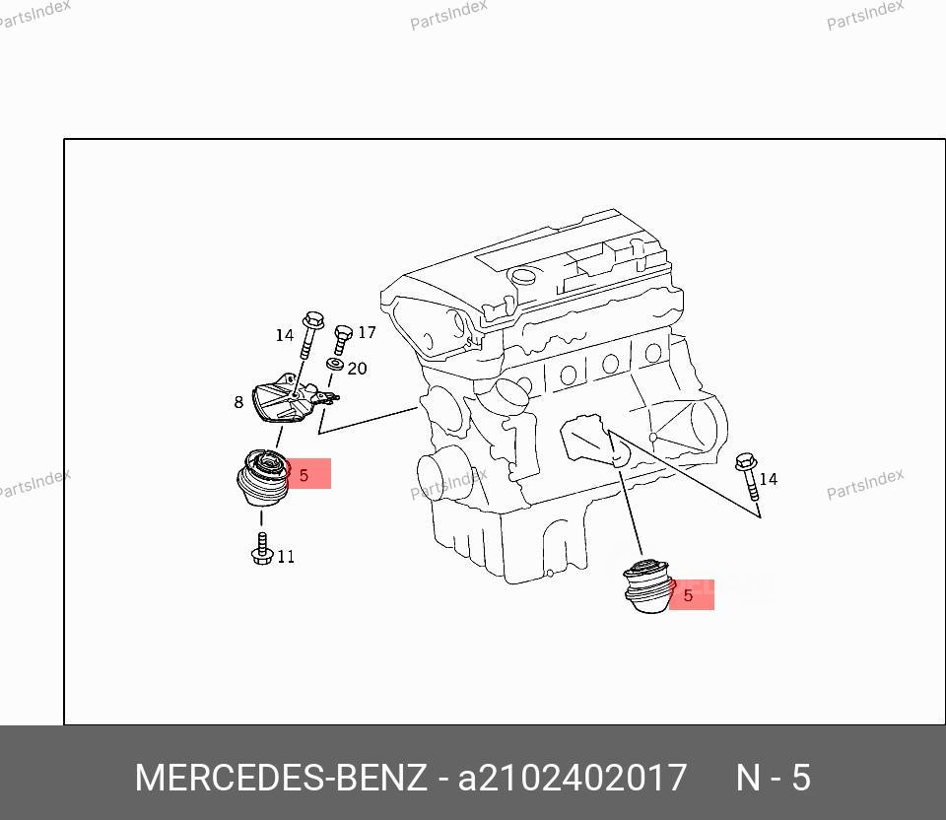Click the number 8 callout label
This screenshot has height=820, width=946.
238,402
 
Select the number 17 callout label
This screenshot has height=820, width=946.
367,333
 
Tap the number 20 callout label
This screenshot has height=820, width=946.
357,369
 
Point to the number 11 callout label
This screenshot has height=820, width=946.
285,557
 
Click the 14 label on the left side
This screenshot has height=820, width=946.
284,335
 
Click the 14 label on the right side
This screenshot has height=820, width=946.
768,479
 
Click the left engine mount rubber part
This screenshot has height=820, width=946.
261,479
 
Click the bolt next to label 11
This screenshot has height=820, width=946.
261,549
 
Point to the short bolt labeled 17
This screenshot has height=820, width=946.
342,341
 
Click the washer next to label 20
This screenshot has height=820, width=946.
335,367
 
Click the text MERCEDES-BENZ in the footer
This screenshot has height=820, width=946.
281,778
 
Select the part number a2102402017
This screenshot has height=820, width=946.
571,778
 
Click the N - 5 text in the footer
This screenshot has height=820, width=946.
774,778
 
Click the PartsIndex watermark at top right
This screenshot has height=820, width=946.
864,15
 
